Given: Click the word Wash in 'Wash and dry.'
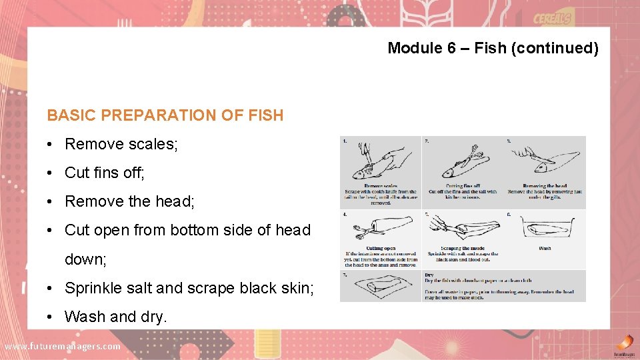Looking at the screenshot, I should (81, 317).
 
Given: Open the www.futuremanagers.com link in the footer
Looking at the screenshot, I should (63, 346).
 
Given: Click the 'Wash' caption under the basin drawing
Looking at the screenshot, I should (545, 248).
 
